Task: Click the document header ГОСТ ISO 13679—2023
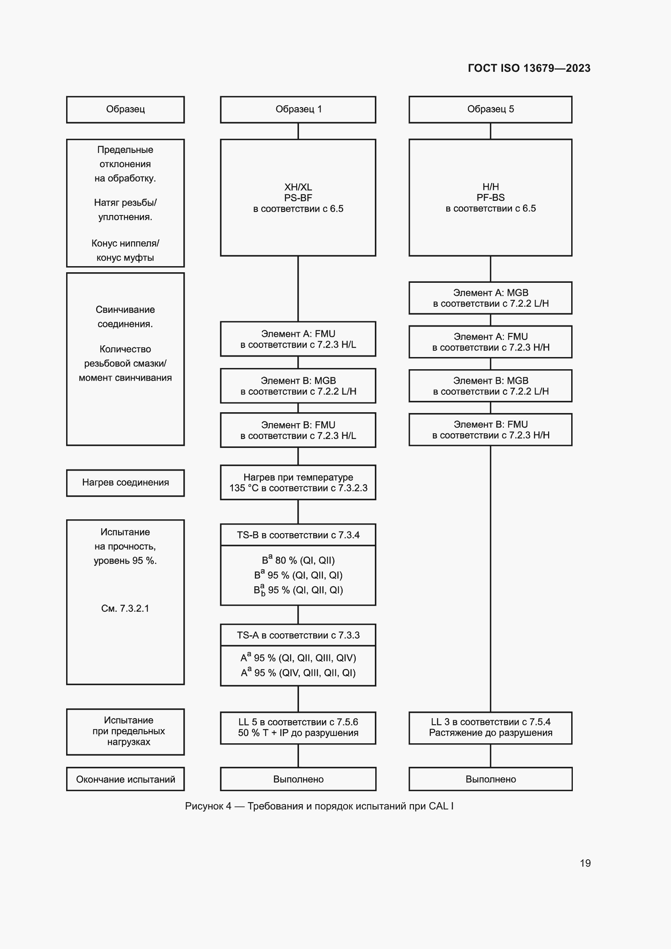coord(529,68)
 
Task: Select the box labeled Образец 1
coord(298,110)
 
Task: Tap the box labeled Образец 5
coord(490,110)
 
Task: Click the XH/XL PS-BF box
coord(298,198)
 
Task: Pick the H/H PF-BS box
coord(490,198)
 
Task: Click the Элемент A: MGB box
coord(490,298)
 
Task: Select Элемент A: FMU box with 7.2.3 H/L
coord(298,339)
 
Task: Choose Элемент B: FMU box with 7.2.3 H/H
coord(490,429)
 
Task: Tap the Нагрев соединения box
coord(125,483)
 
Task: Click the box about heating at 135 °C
coord(298,482)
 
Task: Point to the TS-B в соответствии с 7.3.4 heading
coord(298,535)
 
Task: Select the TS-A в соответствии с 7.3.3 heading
coord(298,635)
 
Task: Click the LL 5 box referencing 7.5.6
coord(298,727)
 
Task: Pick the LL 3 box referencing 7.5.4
coord(490,727)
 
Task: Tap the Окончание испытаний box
coord(125,779)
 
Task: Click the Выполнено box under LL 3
coord(490,779)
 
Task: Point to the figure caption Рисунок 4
coord(319,806)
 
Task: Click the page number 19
coord(585,863)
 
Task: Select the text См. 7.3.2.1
coord(125,609)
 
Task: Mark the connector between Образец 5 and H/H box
coord(490,131)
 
